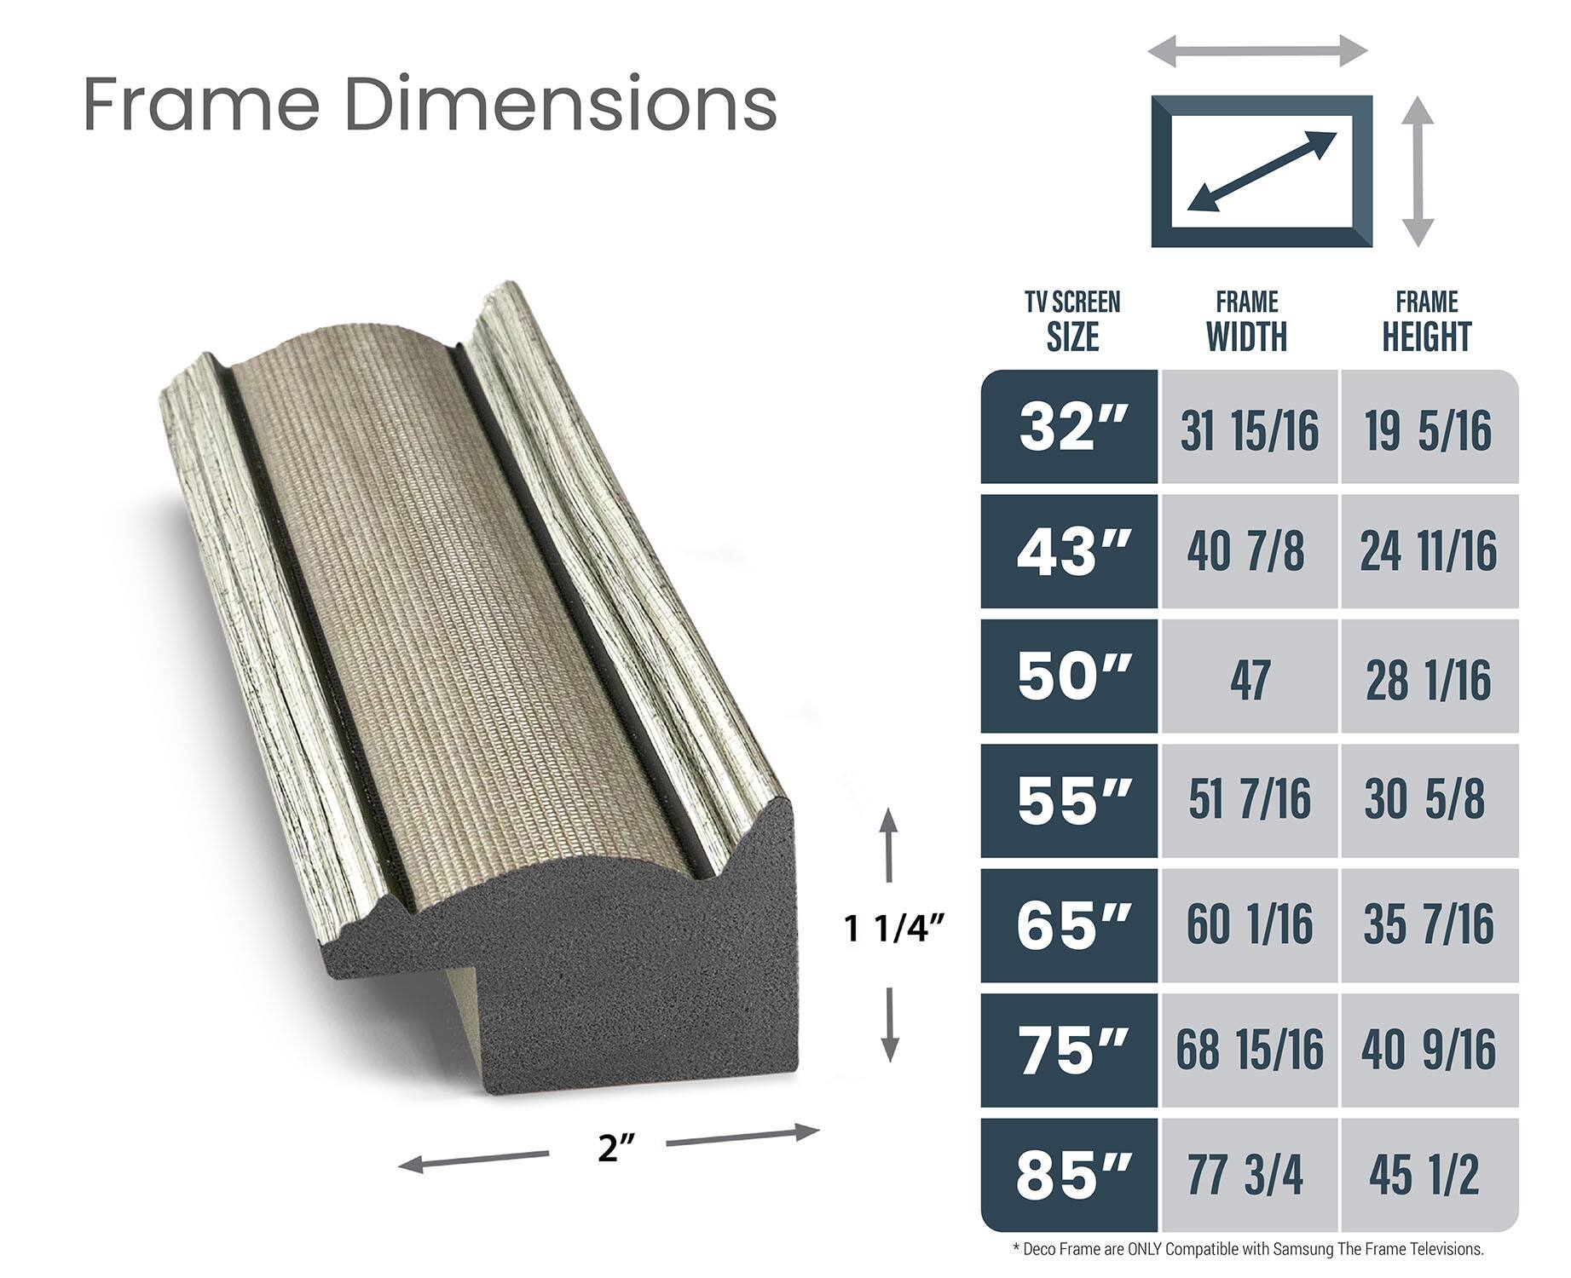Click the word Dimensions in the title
coord(563,104)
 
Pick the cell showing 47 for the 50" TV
coord(1249,678)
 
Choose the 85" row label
coord(1071,1175)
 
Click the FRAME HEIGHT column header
coord(1426,322)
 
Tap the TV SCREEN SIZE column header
coord(1072,322)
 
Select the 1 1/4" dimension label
coord(895,929)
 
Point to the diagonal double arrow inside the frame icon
coord(1262,171)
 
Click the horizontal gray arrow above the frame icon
coord(1257,51)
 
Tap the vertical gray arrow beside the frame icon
coord(1418,171)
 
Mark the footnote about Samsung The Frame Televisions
coord(1248,1249)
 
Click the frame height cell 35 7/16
coord(1429,925)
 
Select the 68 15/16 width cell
coord(1249,1050)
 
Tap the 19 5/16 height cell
coord(1429,430)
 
